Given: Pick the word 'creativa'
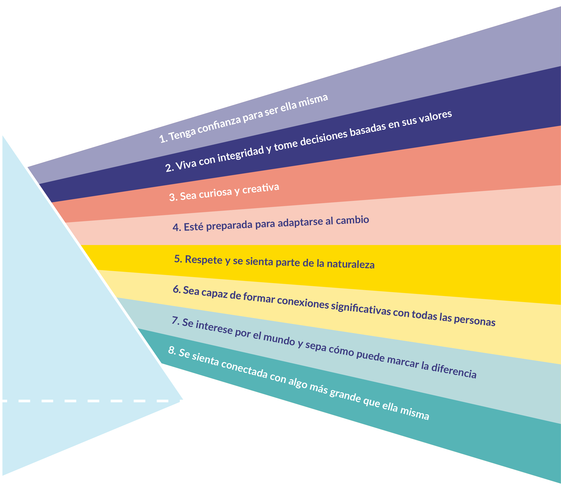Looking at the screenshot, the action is point(261,188).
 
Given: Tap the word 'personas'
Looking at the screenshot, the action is point(475,320).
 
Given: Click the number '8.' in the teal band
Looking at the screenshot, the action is point(172,351).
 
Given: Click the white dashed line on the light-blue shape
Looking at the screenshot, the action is point(91,401).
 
